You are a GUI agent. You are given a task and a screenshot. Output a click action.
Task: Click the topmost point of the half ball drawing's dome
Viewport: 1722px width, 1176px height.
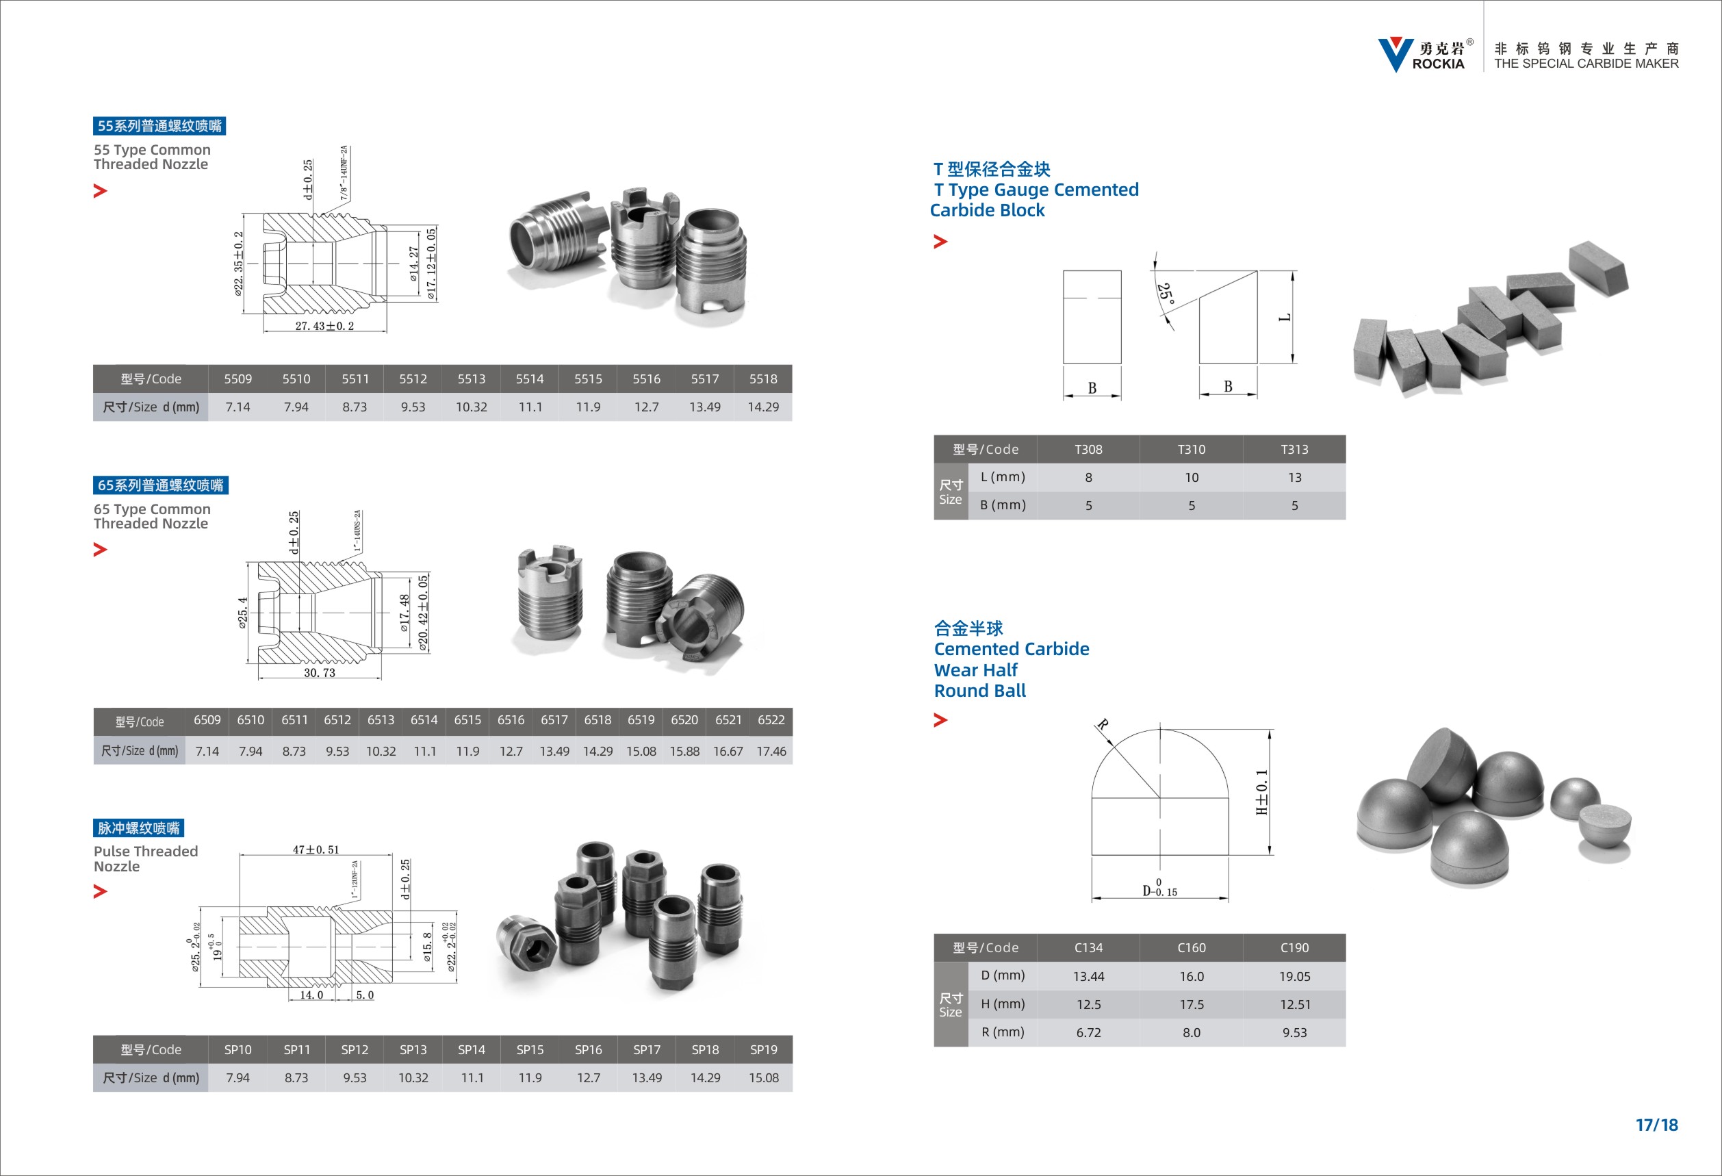[x=1160, y=729]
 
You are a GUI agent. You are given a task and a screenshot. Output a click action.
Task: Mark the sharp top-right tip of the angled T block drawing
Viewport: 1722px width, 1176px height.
[x=1257, y=271]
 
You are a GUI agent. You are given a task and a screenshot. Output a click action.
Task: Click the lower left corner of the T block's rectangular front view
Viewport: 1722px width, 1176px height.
[x=1064, y=364]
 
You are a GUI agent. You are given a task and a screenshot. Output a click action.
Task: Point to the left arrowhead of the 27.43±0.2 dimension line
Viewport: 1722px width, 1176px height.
[x=267, y=331]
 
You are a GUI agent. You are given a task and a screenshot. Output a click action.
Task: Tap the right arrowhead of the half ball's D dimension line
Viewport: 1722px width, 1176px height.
[x=1226, y=899]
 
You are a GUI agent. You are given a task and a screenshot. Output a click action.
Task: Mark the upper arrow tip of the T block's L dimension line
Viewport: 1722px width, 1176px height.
[x=1294, y=272]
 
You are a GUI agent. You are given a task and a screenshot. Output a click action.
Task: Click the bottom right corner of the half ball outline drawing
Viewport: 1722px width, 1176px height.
[x=1229, y=855]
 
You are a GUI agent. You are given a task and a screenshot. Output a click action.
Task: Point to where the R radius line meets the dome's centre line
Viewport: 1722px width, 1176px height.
[x=1160, y=797]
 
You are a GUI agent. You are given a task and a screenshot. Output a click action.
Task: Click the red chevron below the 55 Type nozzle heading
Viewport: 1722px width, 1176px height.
[x=100, y=191]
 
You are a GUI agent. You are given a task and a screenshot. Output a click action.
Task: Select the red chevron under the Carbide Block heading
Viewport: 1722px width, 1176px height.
[x=940, y=242]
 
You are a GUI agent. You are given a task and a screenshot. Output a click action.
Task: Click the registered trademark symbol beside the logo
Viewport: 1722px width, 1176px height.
[x=1470, y=42]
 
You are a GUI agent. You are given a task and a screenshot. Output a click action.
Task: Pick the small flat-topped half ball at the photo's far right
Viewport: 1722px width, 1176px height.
[x=1605, y=834]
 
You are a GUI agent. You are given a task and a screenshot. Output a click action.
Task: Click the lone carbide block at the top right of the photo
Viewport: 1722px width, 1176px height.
[x=1598, y=268]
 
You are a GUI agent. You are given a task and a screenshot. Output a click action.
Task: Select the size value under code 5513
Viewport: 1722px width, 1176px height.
[x=472, y=407]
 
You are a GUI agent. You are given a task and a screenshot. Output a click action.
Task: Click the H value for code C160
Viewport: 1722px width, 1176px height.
[x=1192, y=1005]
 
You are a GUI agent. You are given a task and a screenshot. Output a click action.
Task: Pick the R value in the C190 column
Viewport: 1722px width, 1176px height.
[x=1294, y=1033]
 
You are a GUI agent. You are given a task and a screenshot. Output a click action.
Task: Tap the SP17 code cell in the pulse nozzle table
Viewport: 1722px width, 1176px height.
[x=647, y=1049]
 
